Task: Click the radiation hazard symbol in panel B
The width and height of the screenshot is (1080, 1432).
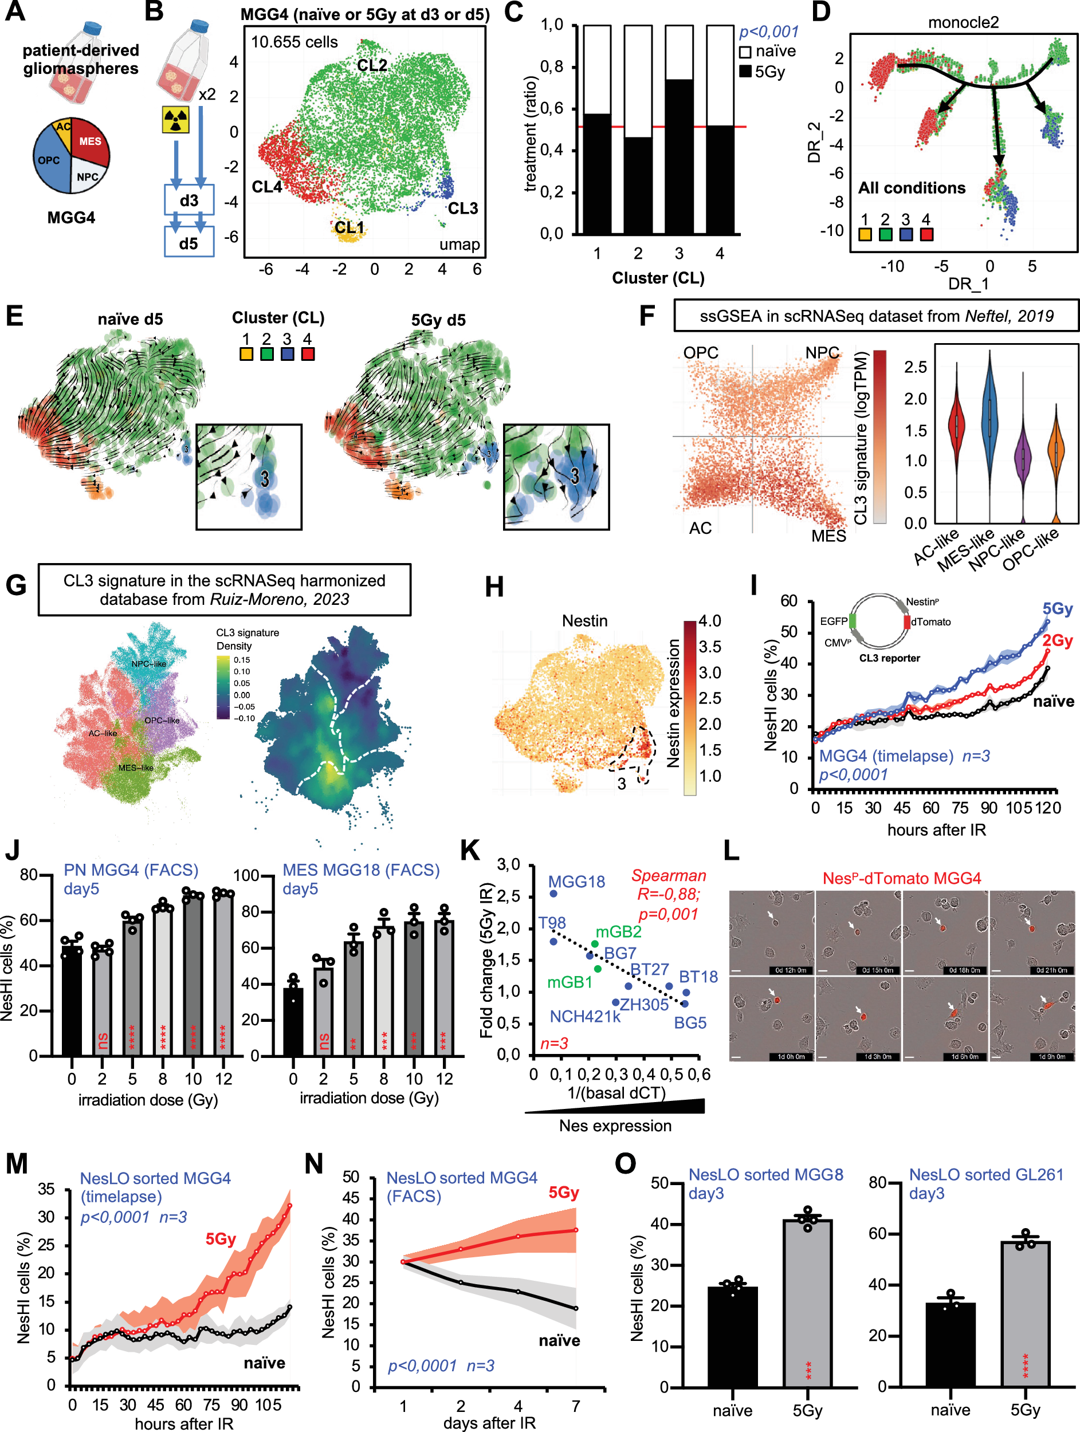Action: tap(175, 120)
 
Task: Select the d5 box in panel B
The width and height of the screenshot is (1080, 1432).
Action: tap(188, 244)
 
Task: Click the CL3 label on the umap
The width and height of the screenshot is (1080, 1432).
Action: tap(462, 208)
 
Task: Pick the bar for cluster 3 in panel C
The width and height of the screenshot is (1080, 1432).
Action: tap(679, 155)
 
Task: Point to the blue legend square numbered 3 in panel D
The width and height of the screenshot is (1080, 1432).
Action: tap(906, 234)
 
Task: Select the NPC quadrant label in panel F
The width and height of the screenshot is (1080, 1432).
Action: tap(822, 353)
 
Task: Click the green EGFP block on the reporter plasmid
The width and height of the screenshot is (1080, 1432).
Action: tap(852, 621)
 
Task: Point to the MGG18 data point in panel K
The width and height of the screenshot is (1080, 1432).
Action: tap(553, 894)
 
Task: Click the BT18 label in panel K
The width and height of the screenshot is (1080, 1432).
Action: tap(698, 977)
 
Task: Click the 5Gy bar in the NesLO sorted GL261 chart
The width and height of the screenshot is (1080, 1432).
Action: tap(1025, 1315)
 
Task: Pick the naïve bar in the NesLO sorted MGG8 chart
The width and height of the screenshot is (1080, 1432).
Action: tap(732, 1337)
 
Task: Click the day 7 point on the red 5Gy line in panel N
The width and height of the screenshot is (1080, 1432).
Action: tap(576, 1230)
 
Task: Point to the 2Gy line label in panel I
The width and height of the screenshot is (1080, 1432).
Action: tap(1057, 640)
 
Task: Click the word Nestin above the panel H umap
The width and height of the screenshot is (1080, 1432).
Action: tap(584, 621)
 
